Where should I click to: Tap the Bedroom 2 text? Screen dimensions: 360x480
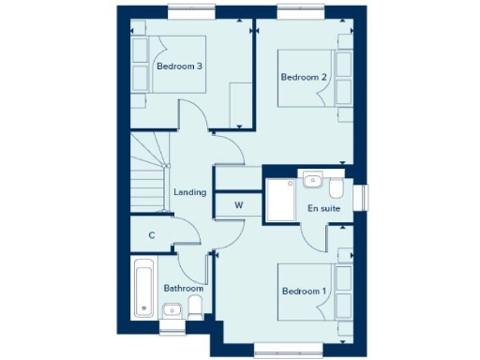[303, 78]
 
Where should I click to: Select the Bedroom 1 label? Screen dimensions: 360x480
[304, 292]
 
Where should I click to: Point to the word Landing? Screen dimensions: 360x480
[190, 192]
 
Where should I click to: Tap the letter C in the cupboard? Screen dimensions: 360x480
[151, 235]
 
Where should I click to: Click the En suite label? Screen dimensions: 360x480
[322, 207]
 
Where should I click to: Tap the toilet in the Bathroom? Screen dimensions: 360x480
[195, 308]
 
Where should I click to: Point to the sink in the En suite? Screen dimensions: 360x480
[312, 180]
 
